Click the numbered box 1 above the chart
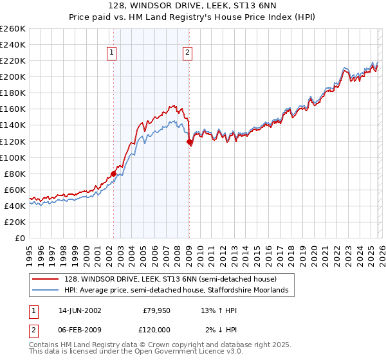(112, 53)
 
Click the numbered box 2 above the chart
(188, 53)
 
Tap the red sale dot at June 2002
(113, 173)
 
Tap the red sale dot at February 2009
(189, 141)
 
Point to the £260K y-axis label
(13, 29)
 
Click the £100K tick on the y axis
(13, 157)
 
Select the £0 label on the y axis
(19, 238)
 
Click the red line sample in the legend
(46, 279)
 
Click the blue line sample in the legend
(46, 291)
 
